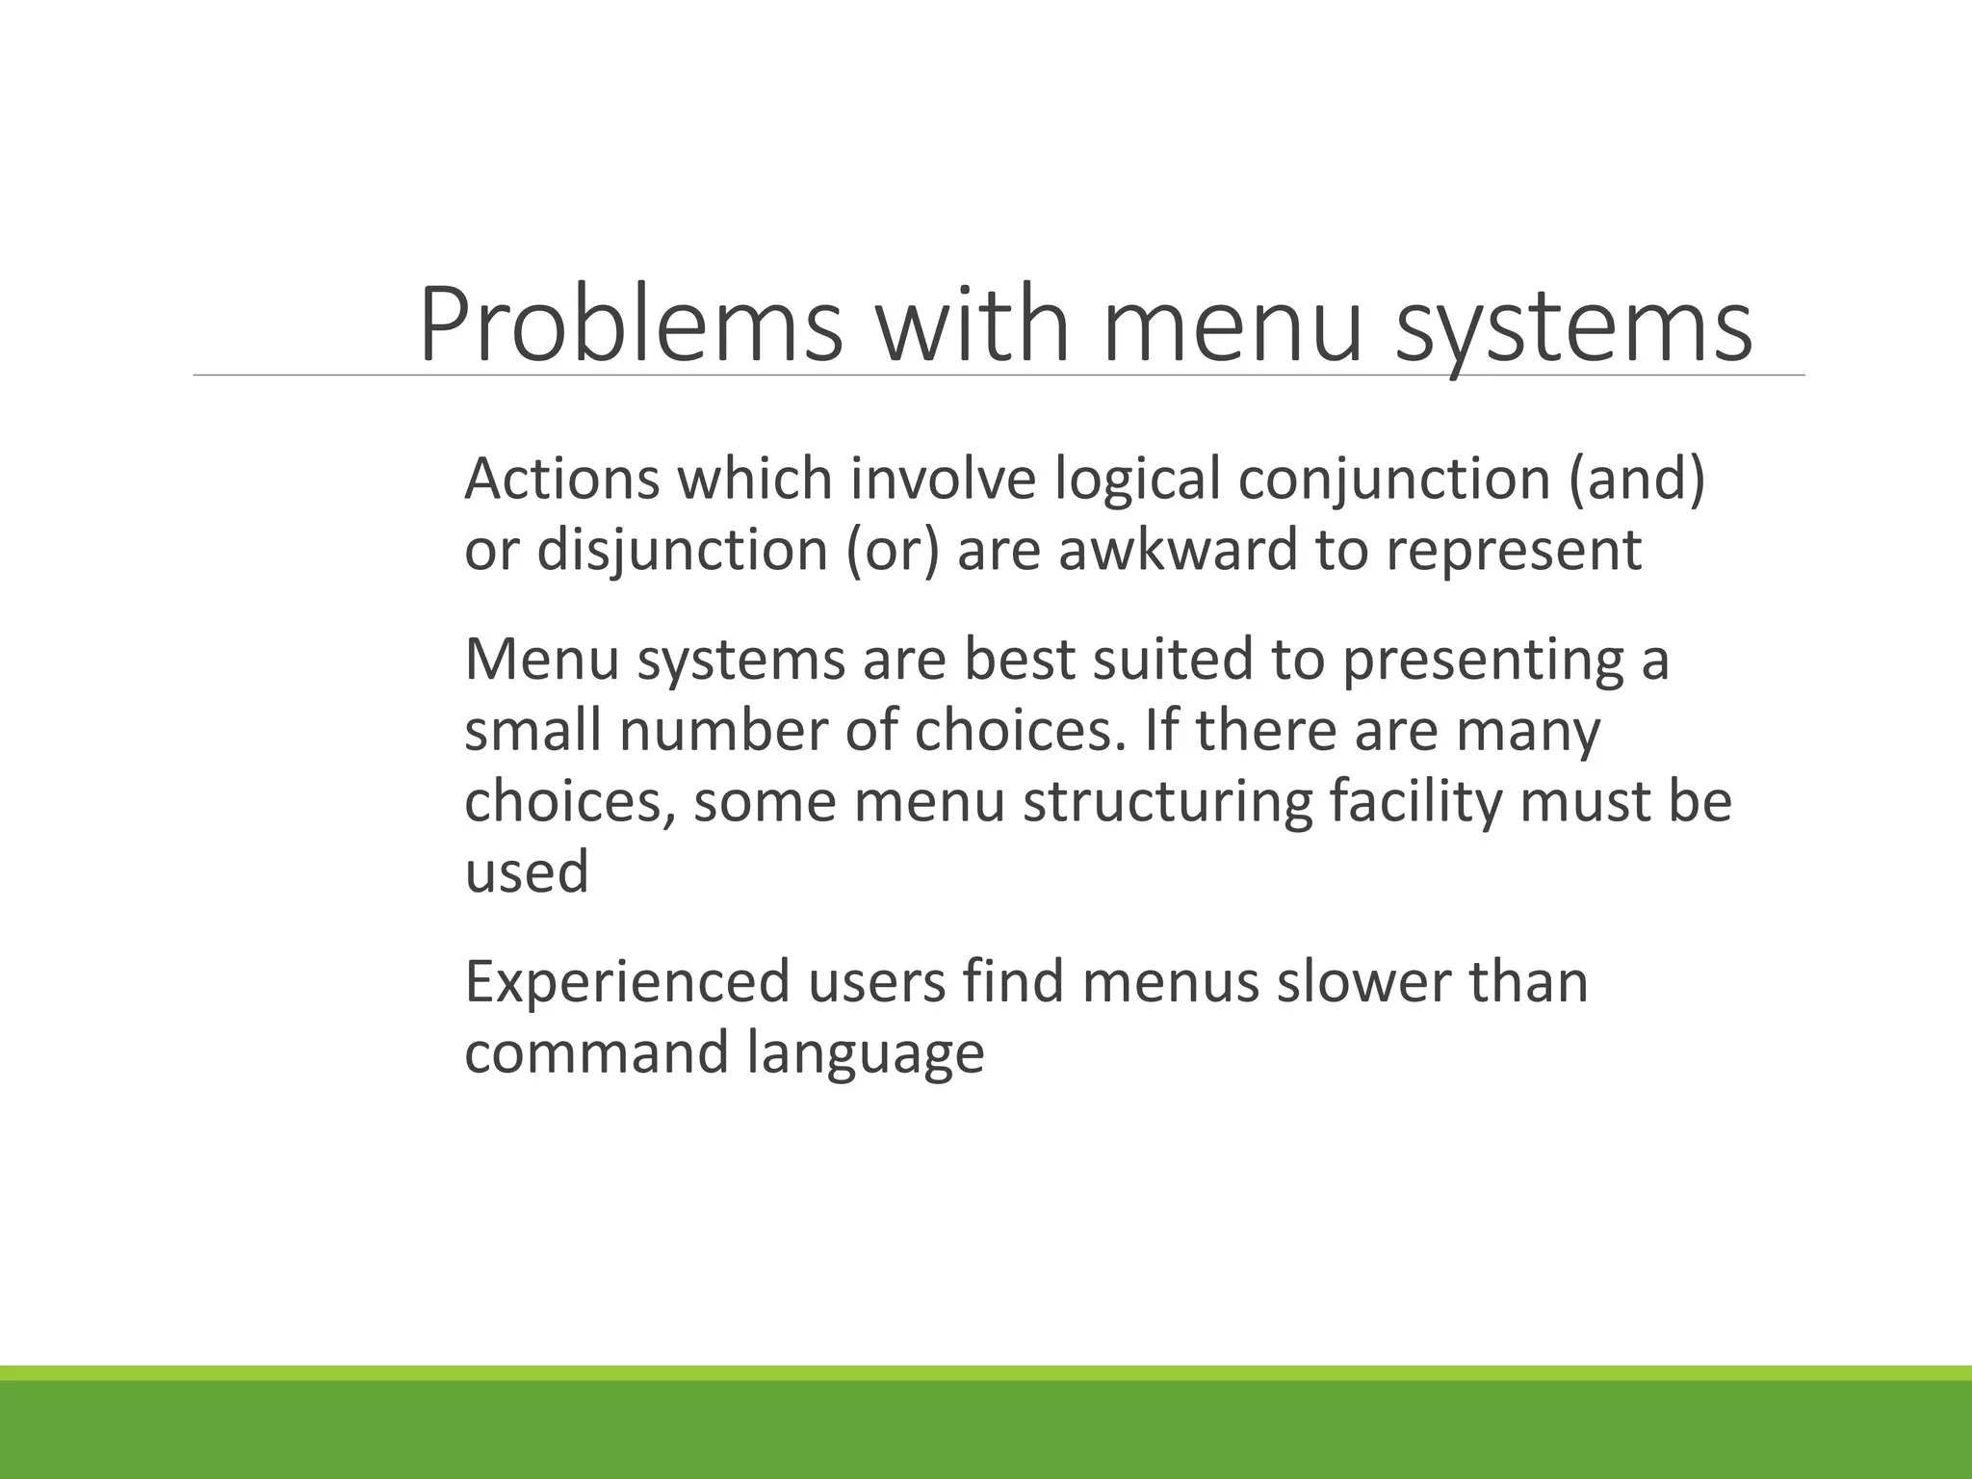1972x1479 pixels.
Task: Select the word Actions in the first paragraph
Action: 561,479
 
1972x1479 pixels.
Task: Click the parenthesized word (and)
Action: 1636,480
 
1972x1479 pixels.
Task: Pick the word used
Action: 526,872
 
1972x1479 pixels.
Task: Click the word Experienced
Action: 627,982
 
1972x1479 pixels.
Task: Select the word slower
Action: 1363,982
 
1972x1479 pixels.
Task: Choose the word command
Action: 596,1052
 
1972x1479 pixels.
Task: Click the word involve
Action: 943,479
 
